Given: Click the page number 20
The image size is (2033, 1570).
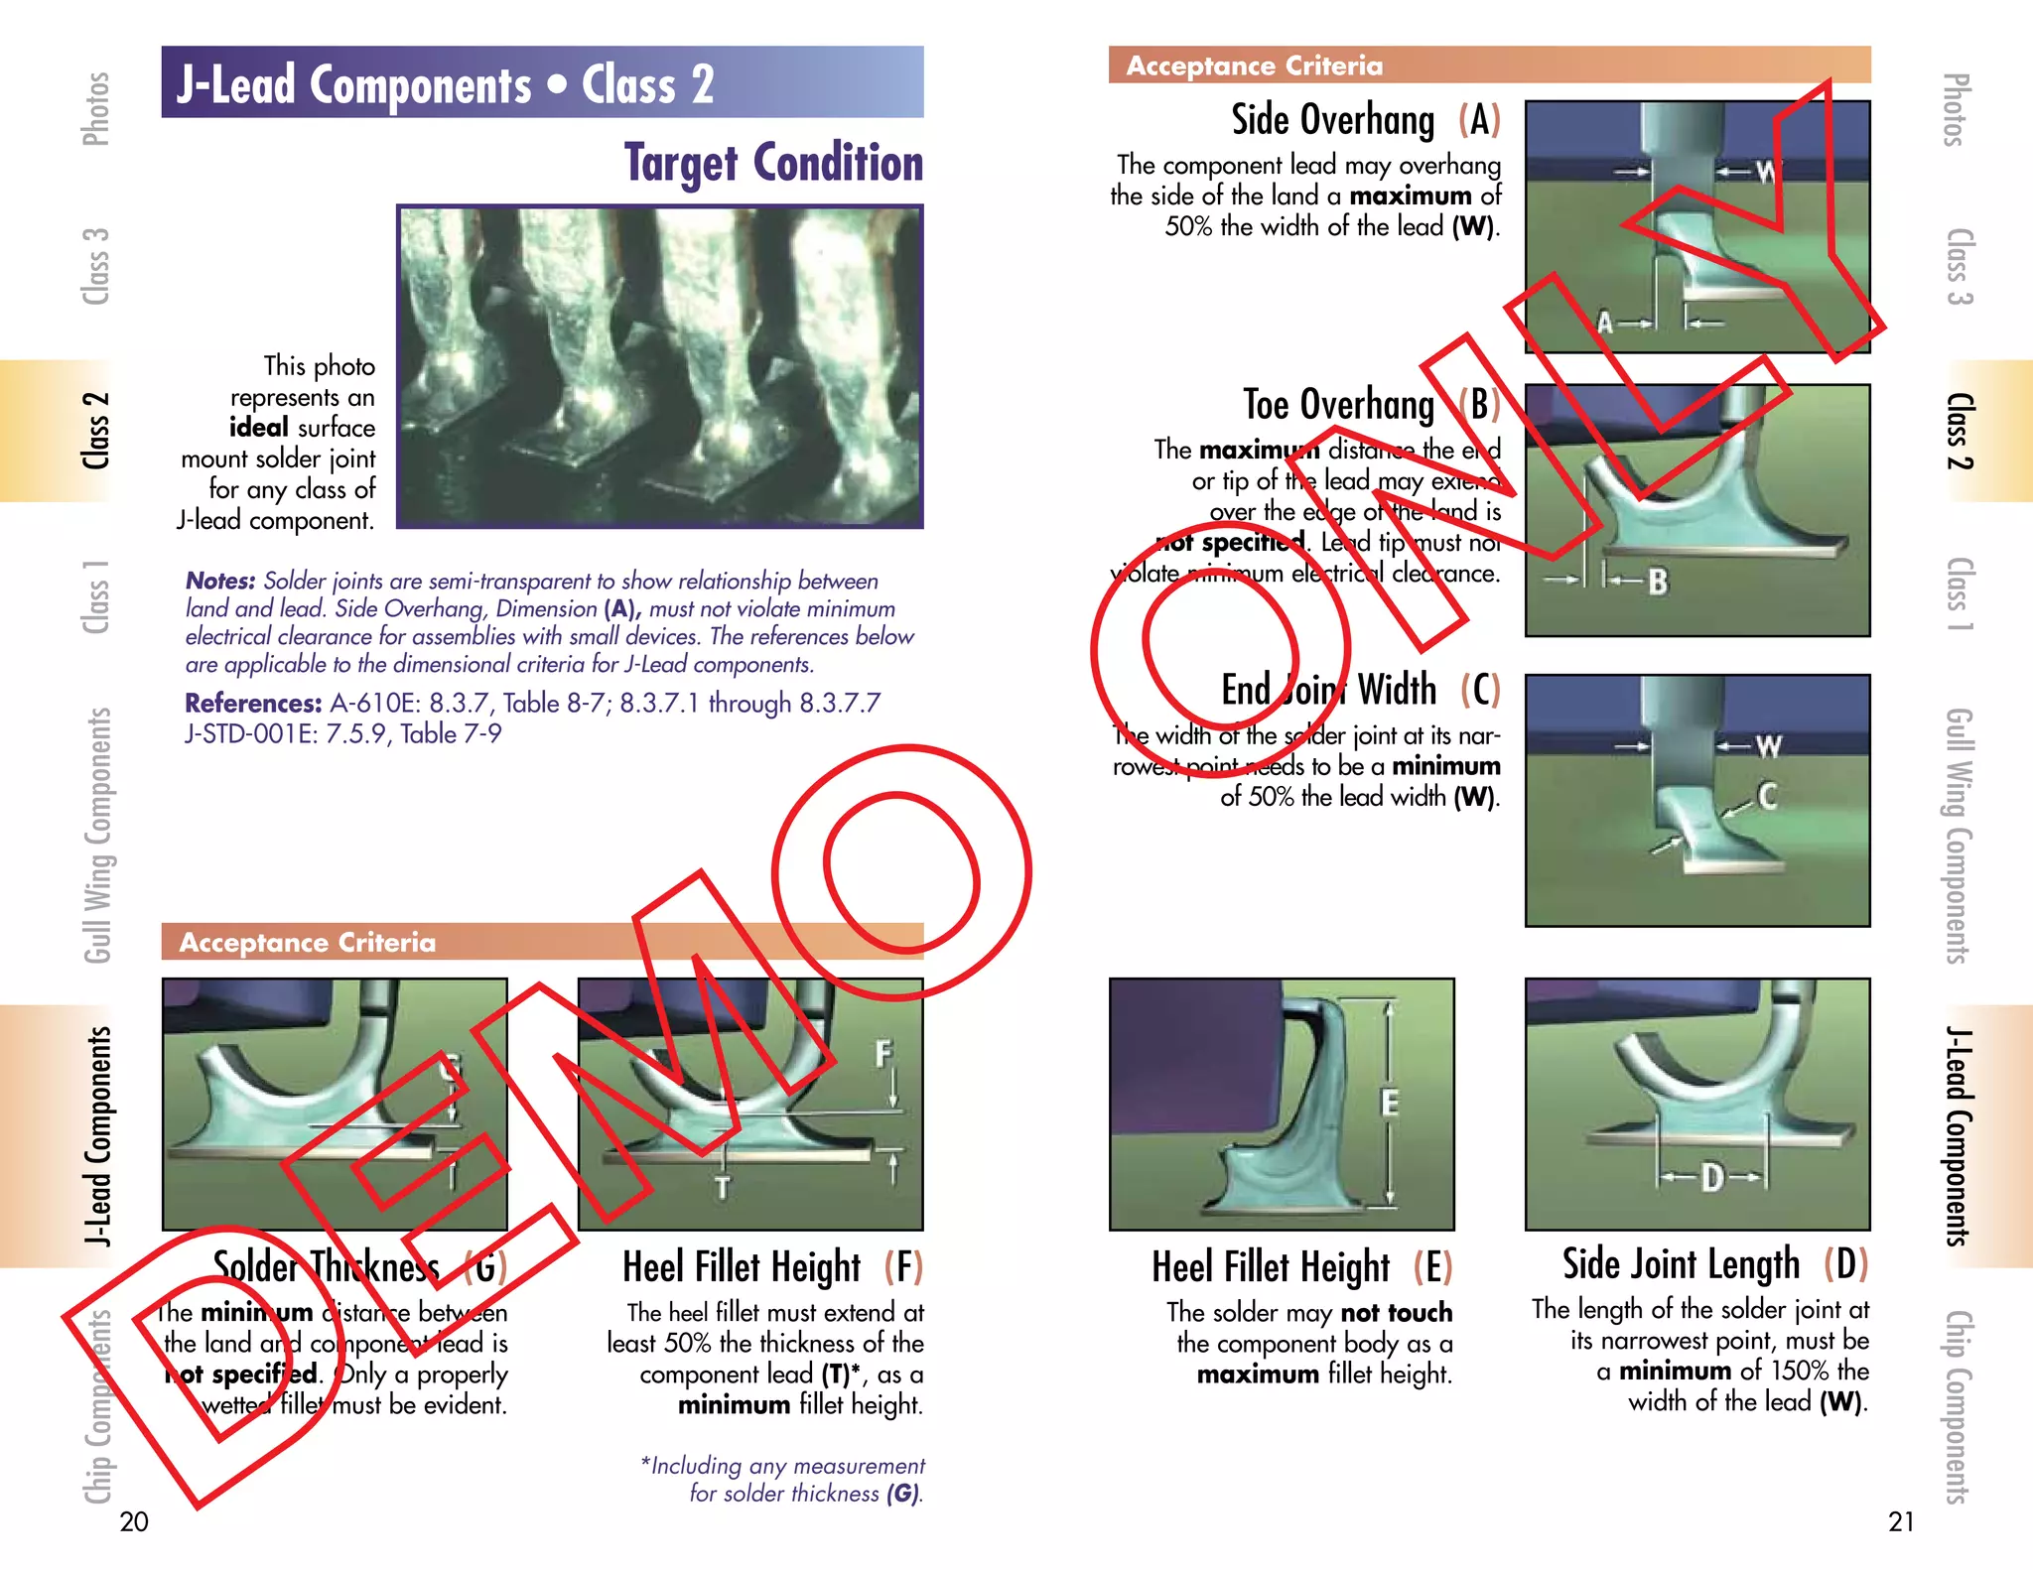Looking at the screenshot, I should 134,1521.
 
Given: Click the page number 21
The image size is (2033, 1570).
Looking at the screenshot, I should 1900,1521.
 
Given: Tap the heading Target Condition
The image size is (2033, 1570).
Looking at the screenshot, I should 773,163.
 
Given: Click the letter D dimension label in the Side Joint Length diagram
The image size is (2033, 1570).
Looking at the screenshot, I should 1711,1178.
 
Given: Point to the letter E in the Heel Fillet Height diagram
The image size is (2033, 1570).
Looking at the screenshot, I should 1390,1103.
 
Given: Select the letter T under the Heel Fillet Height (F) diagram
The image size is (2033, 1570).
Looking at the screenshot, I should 722,1187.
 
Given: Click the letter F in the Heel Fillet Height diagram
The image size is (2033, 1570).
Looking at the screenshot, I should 882,1053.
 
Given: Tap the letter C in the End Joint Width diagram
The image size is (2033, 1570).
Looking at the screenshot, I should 1767,796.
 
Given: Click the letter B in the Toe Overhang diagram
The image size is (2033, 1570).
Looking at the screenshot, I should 1658,582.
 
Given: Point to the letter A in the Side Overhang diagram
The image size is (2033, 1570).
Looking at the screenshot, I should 1604,323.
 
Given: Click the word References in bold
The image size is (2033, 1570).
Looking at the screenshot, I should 253,704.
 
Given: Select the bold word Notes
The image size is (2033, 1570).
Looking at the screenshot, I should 220,581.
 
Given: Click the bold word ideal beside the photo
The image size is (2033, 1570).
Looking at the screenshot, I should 259,428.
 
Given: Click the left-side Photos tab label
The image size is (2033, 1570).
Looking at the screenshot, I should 95,108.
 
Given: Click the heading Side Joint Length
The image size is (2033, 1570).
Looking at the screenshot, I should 1680,1264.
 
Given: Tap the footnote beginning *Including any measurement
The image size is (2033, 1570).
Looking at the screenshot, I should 784,1479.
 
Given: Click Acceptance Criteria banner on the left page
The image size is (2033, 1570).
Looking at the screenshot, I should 308,942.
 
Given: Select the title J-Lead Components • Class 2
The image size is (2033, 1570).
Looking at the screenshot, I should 445,84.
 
